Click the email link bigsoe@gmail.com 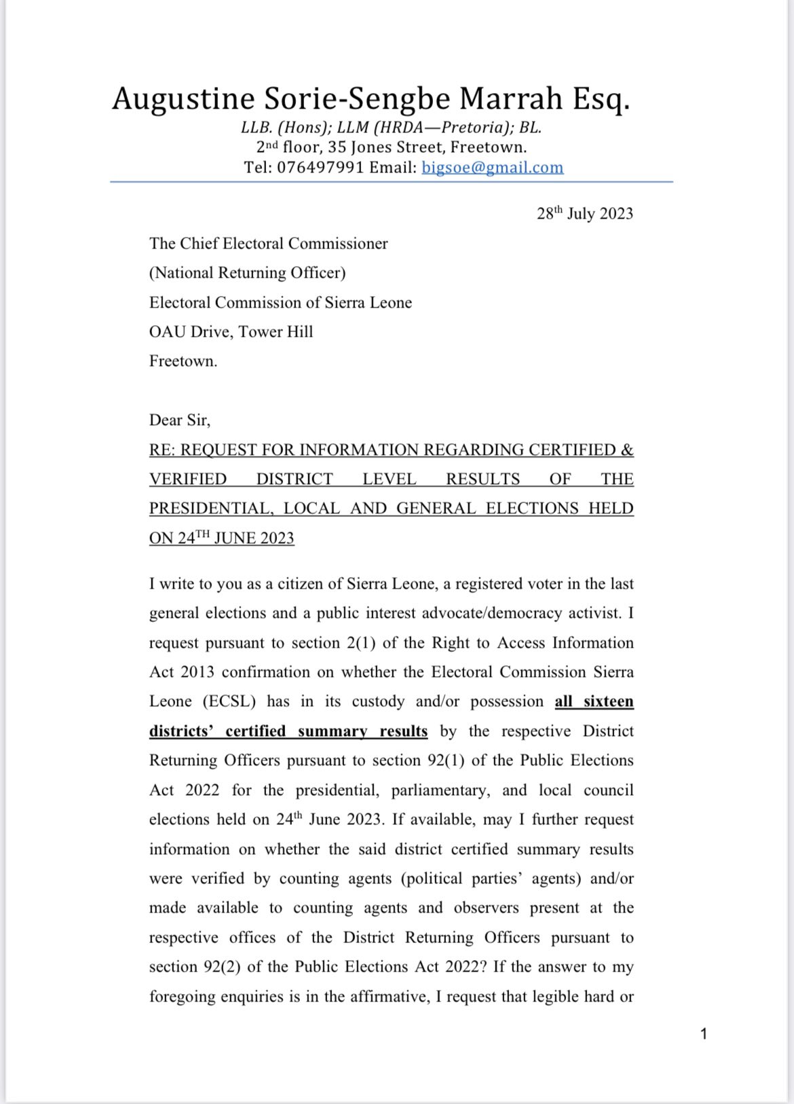point(492,168)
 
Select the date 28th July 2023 point(584,214)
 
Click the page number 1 point(704,1034)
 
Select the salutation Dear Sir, point(180,420)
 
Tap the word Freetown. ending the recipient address point(183,361)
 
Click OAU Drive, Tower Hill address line point(231,332)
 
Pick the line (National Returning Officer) point(247,273)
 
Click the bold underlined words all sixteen point(594,701)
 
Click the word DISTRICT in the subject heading point(295,479)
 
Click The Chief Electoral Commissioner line point(268,244)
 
